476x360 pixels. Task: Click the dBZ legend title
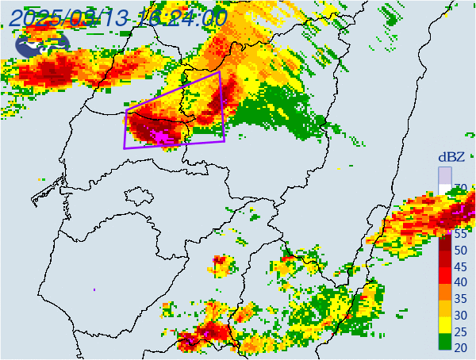pyautogui.click(x=451, y=157)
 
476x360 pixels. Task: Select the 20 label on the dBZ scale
pyautogui.click(x=460, y=347)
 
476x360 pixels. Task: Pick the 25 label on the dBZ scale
pyautogui.click(x=460, y=331)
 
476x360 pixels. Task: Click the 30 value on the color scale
pyautogui.click(x=460, y=315)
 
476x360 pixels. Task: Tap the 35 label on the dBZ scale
pyautogui.click(x=460, y=299)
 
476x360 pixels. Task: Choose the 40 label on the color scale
pyautogui.click(x=460, y=282)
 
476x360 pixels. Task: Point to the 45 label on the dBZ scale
pyautogui.click(x=460, y=266)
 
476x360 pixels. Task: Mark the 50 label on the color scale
pyautogui.click(x=460, y=251)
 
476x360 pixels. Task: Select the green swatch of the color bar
pyautogui.click(x=445, y=343)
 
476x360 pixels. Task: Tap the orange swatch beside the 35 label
pyautogui.click(x=445, y=294)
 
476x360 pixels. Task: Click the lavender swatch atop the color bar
pyautogui.click(x=445, y=175)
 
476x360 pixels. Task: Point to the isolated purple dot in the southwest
pyautogui.click(x=94, y=289)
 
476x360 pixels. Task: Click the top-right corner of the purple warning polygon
pyautogui.click(x=220, y=71)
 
